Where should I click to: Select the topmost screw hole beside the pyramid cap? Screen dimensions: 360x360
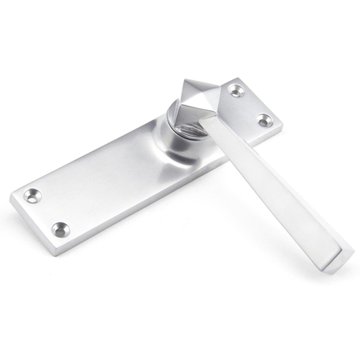[235, 89]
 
